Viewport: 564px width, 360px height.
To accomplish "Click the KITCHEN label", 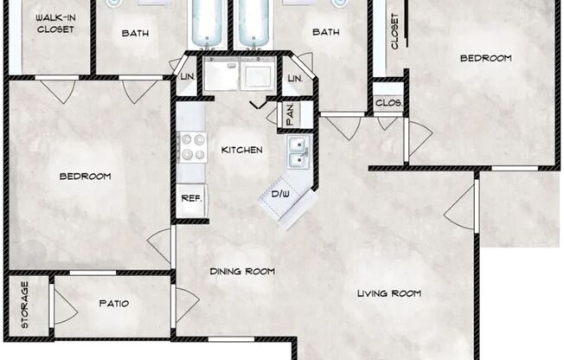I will (x=241, y=150).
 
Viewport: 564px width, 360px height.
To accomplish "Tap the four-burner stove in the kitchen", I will (x=190, y=148).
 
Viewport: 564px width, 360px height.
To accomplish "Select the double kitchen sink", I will (x=297, y=153).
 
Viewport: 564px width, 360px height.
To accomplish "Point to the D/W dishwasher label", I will (x=280, y=193).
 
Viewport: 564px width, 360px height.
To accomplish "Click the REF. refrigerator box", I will (x=190, y=197).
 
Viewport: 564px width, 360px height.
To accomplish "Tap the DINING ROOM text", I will (x=242, y=272).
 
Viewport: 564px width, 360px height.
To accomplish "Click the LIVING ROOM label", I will (x=388, y=293).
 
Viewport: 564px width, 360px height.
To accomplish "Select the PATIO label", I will (x=113, y=305).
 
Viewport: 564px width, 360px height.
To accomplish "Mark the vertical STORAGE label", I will (x=24, y=305).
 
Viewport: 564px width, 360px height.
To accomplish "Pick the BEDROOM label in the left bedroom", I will (x=85, y=177).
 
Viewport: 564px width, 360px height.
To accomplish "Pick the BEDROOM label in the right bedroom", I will (x=484, y=59).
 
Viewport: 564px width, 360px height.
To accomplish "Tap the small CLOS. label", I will (x=388, y=102).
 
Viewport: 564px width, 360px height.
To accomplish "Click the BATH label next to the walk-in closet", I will (x=134, y=33).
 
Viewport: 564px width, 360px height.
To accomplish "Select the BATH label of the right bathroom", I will (x=325, y=33).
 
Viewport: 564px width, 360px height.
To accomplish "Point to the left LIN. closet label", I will (x=188, y=79).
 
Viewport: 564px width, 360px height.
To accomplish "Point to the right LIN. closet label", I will (x=295, y=79).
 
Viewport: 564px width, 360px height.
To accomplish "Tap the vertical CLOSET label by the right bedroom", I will (x=394, y=31).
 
